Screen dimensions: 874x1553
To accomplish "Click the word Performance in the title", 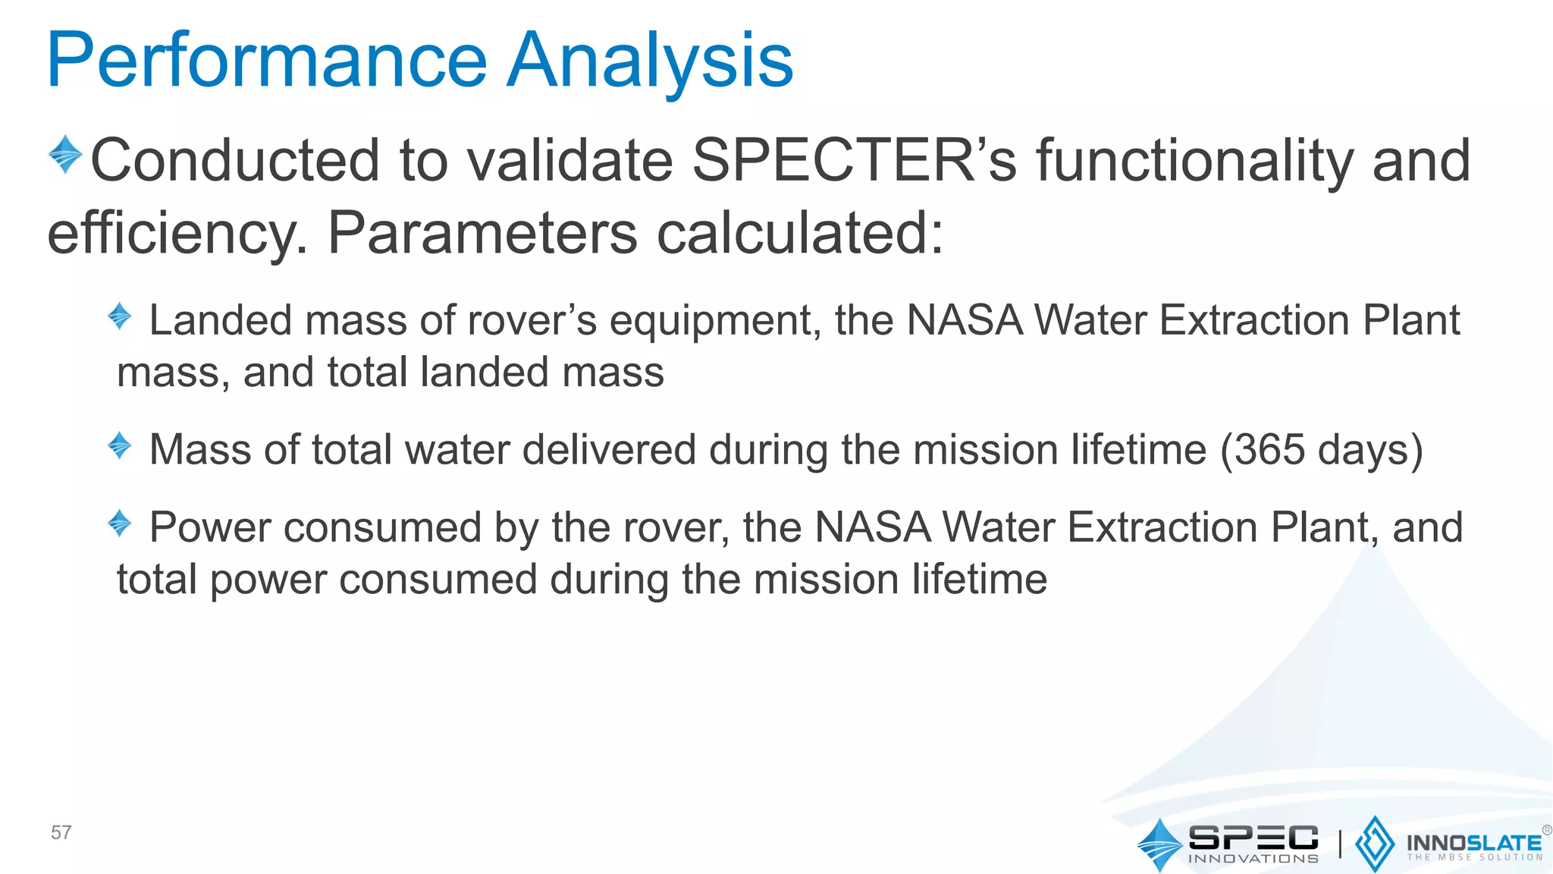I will tap(265, 61).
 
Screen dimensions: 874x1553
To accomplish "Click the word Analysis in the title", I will tap(650, 61).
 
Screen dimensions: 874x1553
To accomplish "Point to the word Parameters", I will tap(482, 234).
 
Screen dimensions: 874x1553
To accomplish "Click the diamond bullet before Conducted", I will tap(65, 154).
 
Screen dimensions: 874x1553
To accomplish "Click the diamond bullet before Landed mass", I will tap(120, 316).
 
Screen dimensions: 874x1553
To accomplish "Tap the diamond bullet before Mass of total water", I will tap(120, 445).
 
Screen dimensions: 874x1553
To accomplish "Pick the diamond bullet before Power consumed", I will tap(120, 523).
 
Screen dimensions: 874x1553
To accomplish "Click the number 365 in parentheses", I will tap(1269, 450).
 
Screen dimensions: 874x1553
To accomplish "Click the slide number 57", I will tap(61, 832).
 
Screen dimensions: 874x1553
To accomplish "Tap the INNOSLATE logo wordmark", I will tap(1473, 844).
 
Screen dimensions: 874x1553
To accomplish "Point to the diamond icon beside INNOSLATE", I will tap(1374, 844).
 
